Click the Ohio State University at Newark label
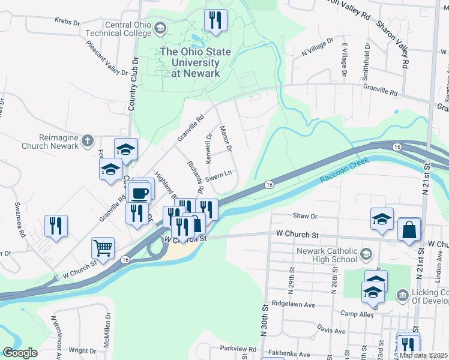195,62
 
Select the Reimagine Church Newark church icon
88,140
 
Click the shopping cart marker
103,247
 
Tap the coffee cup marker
140,193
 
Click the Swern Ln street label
218,177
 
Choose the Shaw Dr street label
304,215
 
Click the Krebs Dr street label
67,22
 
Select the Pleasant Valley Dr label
107,58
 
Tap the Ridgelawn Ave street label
292,304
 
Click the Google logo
20,353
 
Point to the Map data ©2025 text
423,355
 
